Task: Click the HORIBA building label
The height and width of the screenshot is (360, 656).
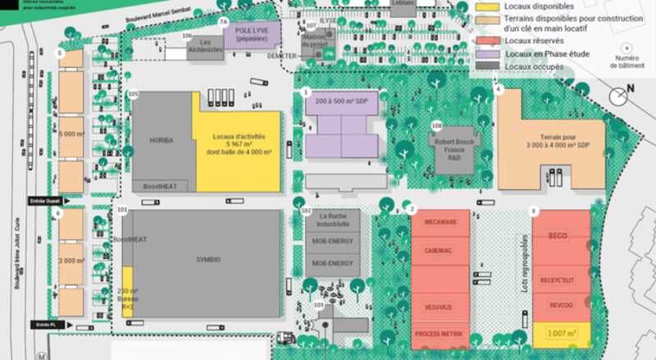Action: [x=161, y=140]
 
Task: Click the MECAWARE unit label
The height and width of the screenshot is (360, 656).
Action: [x=440, y=222]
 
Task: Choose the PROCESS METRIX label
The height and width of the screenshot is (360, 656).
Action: [x=440, y=334]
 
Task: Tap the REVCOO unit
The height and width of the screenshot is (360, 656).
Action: [x=561, y=305]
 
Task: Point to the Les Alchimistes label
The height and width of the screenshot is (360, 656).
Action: [x=211, y=46]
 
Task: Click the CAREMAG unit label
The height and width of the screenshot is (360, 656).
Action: [x=440, y=250]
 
